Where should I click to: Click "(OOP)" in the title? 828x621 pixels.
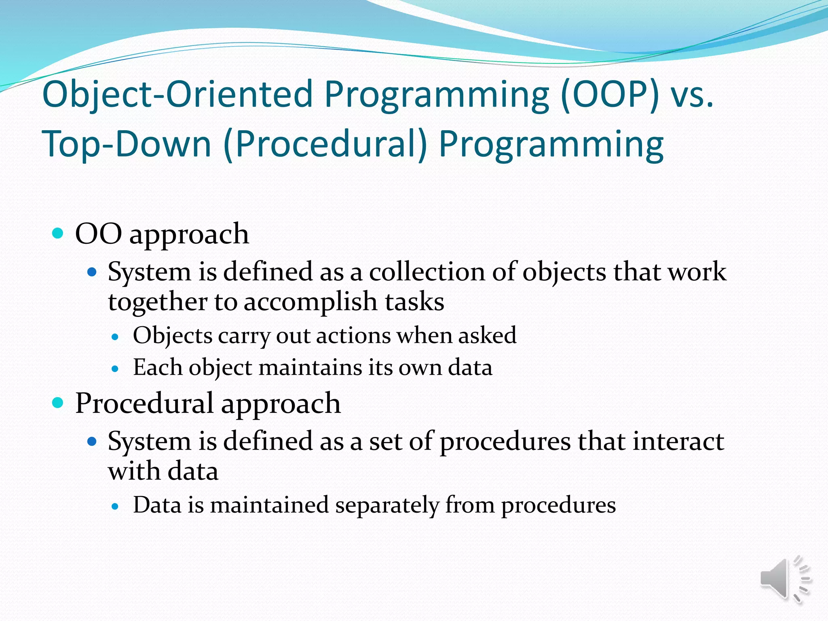tap(610, 95)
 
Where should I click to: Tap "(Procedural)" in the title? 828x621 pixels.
tap(325, 145)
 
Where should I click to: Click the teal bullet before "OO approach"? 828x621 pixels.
tap(58, 233)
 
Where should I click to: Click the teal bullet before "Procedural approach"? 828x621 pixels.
tap(58, 403)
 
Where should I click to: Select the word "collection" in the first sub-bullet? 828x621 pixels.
tap(427, 272)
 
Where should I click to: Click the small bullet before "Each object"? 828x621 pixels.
tap(115, 369)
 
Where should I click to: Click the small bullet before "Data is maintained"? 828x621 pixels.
tap(115, 506)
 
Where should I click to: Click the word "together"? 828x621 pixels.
tap(157, 302)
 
